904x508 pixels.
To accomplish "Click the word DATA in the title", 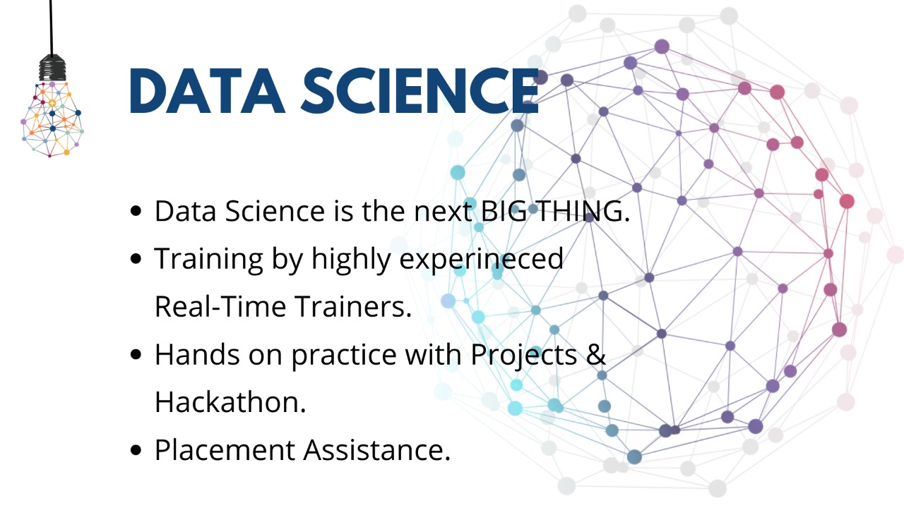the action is click(208, 91).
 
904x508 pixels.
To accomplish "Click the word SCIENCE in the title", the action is click(420, 91).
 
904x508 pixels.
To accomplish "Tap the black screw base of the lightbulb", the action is click(52, 68).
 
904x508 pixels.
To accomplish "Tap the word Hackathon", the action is click(230, 402).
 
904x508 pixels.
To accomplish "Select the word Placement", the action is click(225, 450).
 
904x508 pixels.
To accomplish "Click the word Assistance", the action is click(377, 450).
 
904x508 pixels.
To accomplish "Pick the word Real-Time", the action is click(220, 306).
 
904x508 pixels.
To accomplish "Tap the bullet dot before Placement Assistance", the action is click(136, 450).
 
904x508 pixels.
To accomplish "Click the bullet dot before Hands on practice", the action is click(136, 354).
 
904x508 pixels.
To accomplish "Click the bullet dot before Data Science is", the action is click(136, 211).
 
